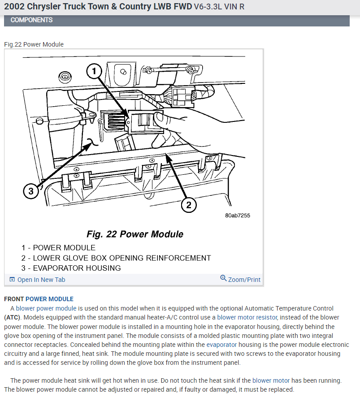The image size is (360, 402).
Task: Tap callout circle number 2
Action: pos(189,205)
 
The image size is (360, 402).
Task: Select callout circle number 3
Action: pos(30,192)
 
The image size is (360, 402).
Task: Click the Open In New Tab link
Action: pos(41,280)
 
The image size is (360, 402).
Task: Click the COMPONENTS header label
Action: pos(31,20)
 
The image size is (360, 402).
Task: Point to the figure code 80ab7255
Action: pos(238,216)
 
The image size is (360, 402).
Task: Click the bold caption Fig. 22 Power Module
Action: pos(134,234)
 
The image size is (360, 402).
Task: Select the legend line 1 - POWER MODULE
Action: pos(58,247)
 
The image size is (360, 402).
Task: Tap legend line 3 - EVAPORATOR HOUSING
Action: pos(71,268)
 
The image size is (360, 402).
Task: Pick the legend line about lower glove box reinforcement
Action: pos(116,258)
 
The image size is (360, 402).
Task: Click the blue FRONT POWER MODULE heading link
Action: pos(49,299)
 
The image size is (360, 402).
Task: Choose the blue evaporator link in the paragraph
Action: pos(221,345)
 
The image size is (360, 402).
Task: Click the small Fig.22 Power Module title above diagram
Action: pos(34,44)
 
